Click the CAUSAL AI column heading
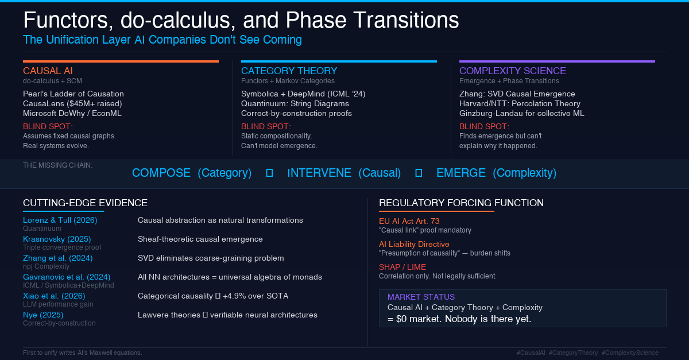48,71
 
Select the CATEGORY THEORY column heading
289,71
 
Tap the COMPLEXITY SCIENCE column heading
512,71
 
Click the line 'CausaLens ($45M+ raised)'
72,103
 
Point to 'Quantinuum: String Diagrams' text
295,103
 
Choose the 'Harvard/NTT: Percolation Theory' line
516,103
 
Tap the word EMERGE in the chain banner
461,173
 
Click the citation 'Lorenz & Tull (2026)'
60,220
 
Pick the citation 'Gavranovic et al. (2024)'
67,277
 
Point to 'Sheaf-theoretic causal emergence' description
200,239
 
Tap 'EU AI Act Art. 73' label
409,221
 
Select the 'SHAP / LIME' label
402,267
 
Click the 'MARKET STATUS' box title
421,297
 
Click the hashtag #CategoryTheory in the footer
573,353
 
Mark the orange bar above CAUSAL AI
121,61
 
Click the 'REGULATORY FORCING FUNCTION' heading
461,203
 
